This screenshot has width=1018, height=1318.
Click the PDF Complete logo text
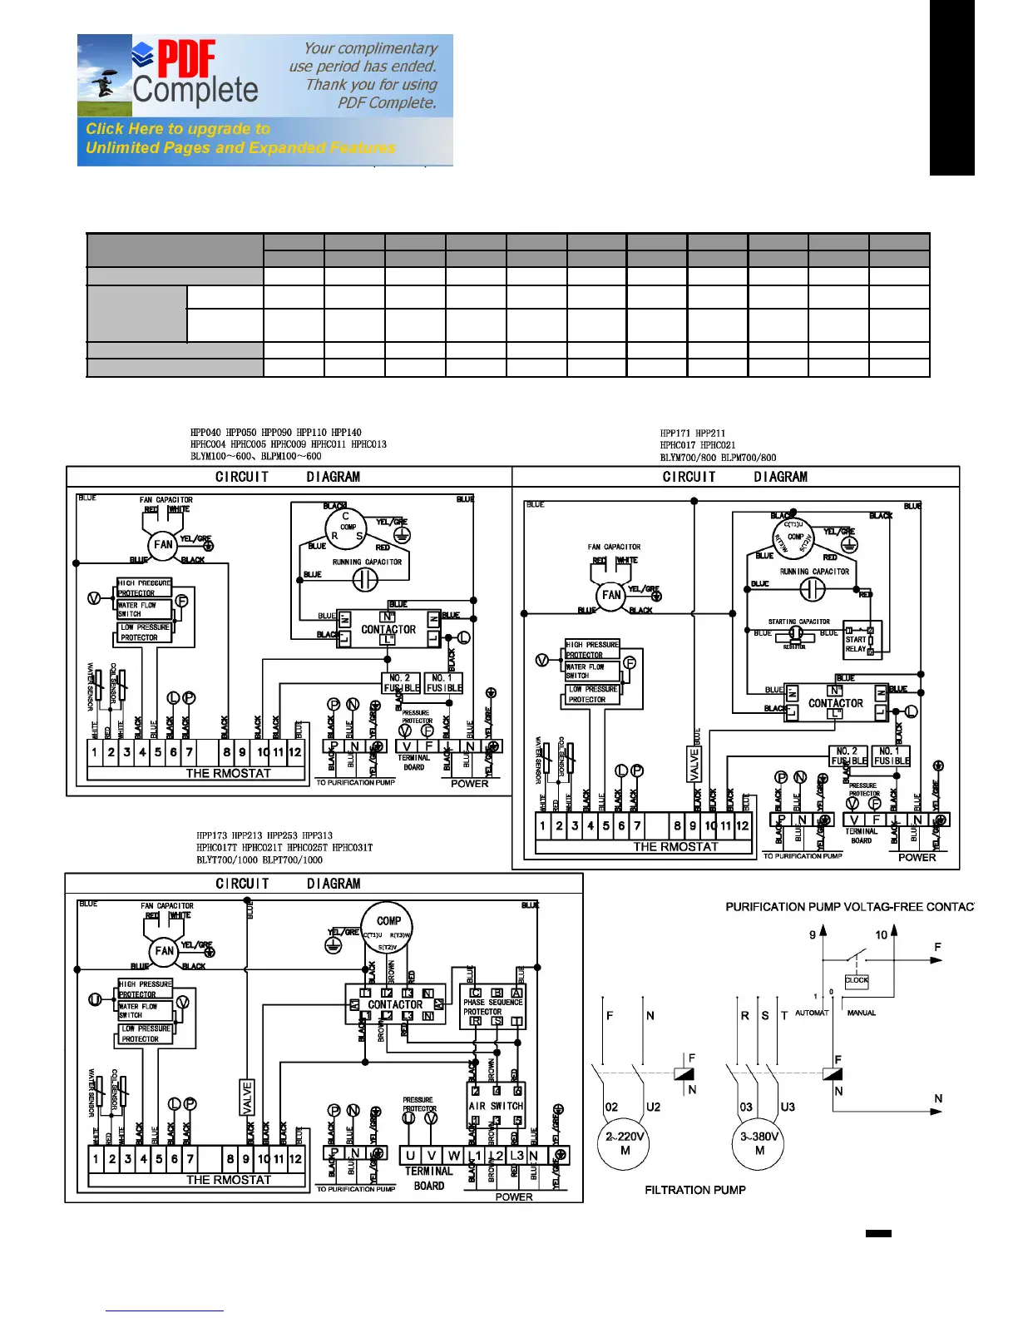(195, 75)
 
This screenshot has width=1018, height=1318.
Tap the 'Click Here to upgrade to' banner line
(178, 129)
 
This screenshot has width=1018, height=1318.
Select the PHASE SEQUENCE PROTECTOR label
(492, 1007)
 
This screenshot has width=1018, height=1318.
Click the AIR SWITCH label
(496, 1106)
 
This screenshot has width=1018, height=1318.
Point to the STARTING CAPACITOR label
(798, 622)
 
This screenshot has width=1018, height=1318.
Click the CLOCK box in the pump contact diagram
(856, 980)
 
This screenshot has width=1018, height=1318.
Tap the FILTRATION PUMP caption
(695, 1190)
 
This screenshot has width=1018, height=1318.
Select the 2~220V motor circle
(625, 1143)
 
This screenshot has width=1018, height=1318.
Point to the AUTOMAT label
(812, 1013)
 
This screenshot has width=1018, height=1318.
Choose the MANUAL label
(861, 1013)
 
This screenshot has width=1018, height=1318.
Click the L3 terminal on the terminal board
(516, 1156)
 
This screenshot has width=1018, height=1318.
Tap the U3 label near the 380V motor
(788, 1107)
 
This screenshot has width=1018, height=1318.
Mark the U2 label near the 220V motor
(653, 1107)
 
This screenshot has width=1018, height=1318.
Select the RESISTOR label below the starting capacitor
(794, 647)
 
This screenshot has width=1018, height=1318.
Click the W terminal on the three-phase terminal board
(453, 1156)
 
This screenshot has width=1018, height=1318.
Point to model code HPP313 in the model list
(317, 835)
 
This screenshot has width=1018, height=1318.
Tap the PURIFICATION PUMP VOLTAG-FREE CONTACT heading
(848, 906)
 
